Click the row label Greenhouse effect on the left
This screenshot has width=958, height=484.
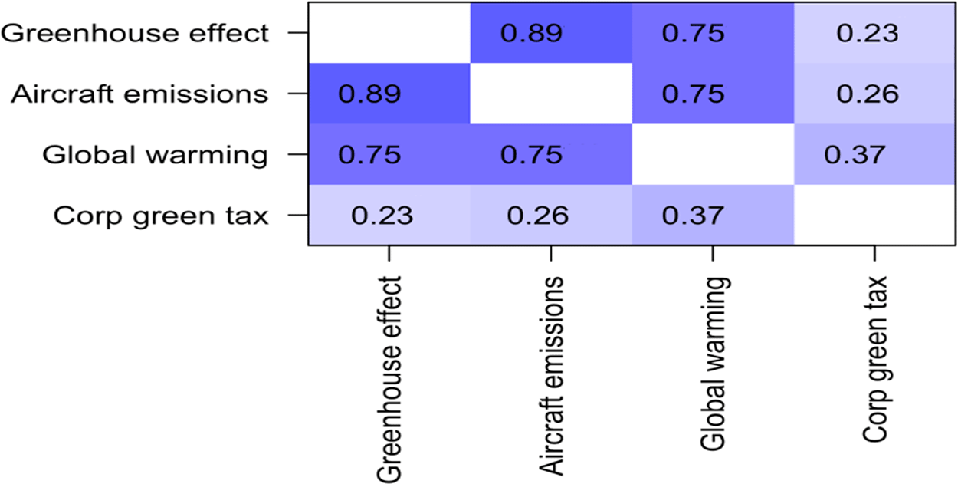point(135,33)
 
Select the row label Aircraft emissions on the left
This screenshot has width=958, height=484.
point(139,94)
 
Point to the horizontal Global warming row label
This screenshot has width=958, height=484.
point(155,155)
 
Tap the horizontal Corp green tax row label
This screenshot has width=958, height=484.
point(161,216)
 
